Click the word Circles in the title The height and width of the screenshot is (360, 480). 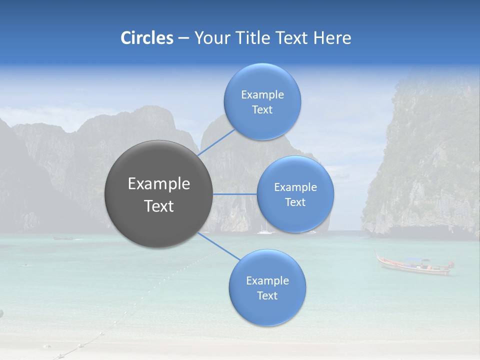(x=146, y=38)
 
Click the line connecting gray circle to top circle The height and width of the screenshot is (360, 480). (x=216, y=142)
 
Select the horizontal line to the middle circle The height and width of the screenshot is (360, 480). (x=235, y=194)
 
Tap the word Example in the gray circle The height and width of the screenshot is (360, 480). (x=159, y=184)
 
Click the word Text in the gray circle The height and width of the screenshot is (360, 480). (x=159, y=206)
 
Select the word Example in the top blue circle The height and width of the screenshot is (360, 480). (x=262, y=94)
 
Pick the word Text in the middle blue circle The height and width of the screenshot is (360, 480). (x=295, y=202)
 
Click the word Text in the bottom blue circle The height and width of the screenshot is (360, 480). (x=267, y=295)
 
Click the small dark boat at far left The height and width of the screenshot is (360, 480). (x=63, y=238)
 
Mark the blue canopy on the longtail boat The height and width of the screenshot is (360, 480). (x=417, y=260)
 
